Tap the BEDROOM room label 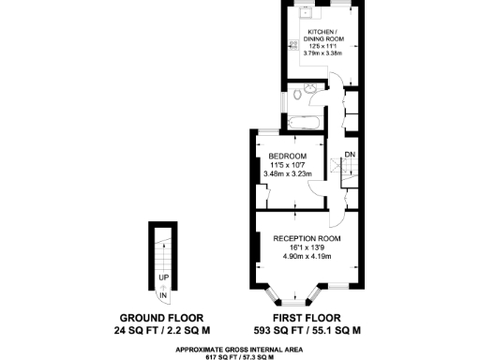point(286,156)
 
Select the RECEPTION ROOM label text point(307,239)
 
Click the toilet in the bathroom point(295,94)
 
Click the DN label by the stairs point(349,155)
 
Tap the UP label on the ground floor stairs point(163,278)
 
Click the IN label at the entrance point(163,296)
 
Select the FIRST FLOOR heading point(307,318)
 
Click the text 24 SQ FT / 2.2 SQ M point(162,331)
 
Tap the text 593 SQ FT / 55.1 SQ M point(307,331)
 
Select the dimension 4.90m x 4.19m point(307,258)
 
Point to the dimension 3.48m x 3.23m point(286,174)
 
